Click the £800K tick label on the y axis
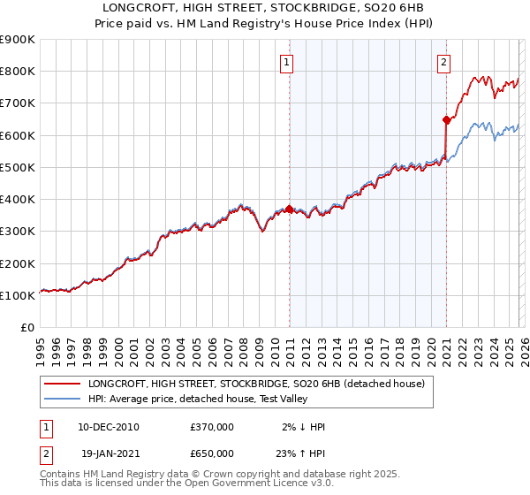pos(18,72)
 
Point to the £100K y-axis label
pos(18,295)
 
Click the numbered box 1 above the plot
pos(289,62)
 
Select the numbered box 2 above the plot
pos(443,62)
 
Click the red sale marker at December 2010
pos(289,209)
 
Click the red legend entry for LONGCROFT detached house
pos(256,384)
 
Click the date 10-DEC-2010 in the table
pos(109,427)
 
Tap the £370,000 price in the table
pos(212,427)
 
